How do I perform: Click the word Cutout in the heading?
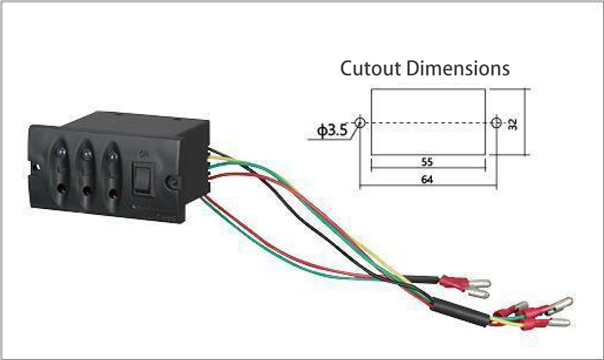coord(371,68)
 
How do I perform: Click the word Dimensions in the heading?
coord(458,68)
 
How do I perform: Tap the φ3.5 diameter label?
coord(332,131)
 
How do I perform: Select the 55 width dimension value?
coord(427,162)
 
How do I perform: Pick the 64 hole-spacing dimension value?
coord(427,180)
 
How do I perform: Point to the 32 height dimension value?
coord(513,124)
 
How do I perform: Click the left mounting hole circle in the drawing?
coord(360,122)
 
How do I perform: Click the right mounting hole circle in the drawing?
coord(496,122)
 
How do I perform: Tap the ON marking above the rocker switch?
coord(143,155)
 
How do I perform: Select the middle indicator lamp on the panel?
coord(86,155)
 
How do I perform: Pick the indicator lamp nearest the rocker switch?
coord(112,156)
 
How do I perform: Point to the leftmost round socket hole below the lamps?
coord(60,188)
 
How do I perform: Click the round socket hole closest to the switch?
coord(112,193)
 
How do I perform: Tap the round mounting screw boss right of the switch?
coord(174,183)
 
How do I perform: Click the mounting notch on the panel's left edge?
coord(36,167)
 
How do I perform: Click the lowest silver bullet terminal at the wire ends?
coord(559,322)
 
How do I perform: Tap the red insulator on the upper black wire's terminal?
coord(454,282)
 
